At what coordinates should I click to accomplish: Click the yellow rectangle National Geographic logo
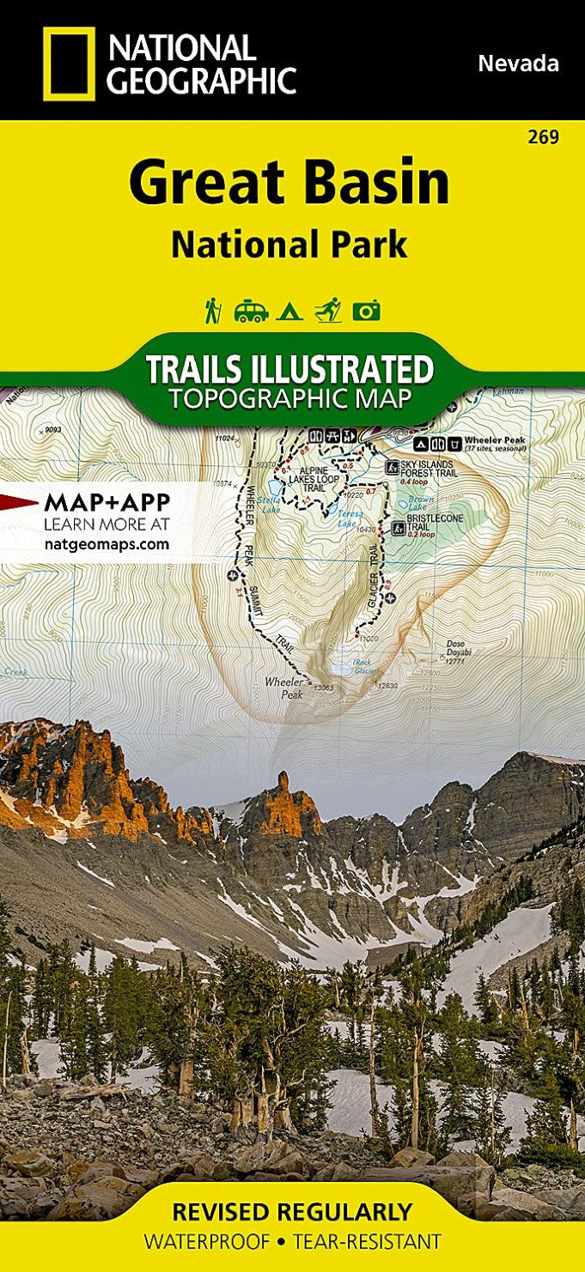click(x=69, y=64)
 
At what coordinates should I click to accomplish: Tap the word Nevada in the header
click(x=518, y=63)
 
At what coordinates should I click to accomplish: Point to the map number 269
click(x=545, y=136)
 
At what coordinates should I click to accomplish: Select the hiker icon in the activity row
click(x=213, y=310)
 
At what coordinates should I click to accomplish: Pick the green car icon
click(x=251, y=311)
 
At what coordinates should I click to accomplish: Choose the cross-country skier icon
click(x=327, y=310)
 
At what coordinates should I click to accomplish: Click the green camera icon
click(x=366, y=311)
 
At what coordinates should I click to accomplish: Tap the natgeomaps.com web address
click(x=106, y=543)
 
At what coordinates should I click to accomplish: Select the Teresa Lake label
click(x=345, y=519)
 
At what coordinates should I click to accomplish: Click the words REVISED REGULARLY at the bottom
click(x=292, y=1212)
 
